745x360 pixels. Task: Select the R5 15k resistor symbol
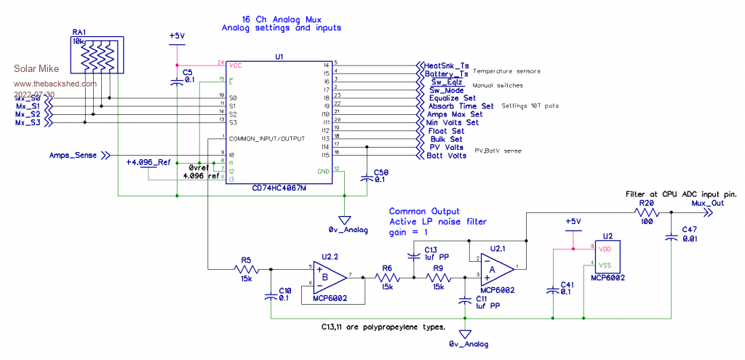pyautogui.click(x=245, y=270)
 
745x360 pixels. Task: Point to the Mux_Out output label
pyautogui.click(x=707, y=204)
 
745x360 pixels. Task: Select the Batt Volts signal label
pyautogui.click(x=447, y=156)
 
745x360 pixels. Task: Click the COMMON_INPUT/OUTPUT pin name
pyautogui.click(x=267, y=137)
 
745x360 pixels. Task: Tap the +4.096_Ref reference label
pyautogui.click(x=147, y=161)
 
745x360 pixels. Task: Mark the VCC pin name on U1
pyautogui.click(x=235, y=64)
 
